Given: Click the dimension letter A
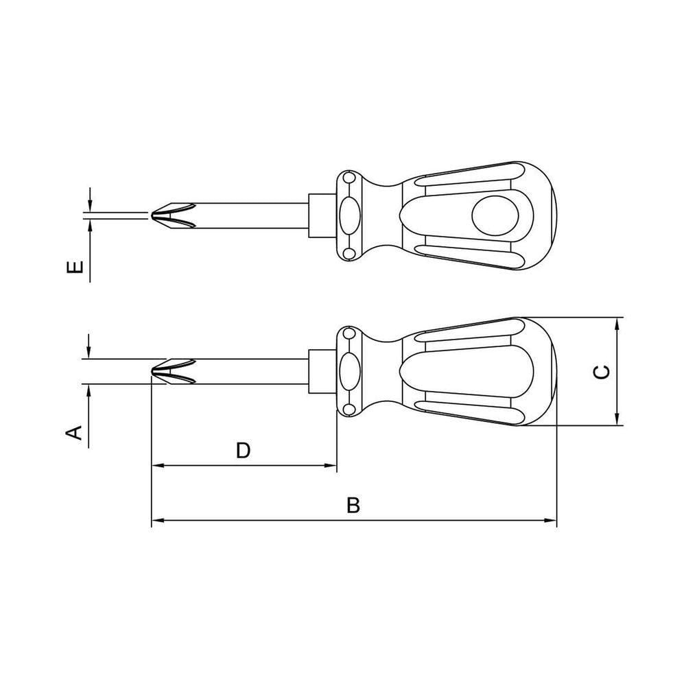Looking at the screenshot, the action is pyautogui.click(x=74, y=432).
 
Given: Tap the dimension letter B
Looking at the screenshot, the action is pyautogui.click(x=353, y=505).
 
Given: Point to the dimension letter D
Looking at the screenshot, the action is pyautogui.click(x=244, y=450).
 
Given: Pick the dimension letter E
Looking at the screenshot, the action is pyautogui.click(x=75, y=266).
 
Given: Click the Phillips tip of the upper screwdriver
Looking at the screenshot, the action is pyautogui.click(x=174, y=215).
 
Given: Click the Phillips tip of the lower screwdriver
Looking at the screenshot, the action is pyautogui.click(x=174, y=371).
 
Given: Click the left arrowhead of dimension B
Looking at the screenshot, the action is pyautogui.click(x=158, y=520).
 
